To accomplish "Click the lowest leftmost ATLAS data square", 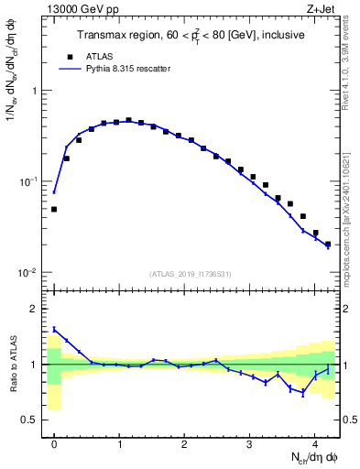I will tap(54, 209).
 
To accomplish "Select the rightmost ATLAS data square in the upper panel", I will tap(328, 244).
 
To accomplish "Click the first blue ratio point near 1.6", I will tap(54, 329).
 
